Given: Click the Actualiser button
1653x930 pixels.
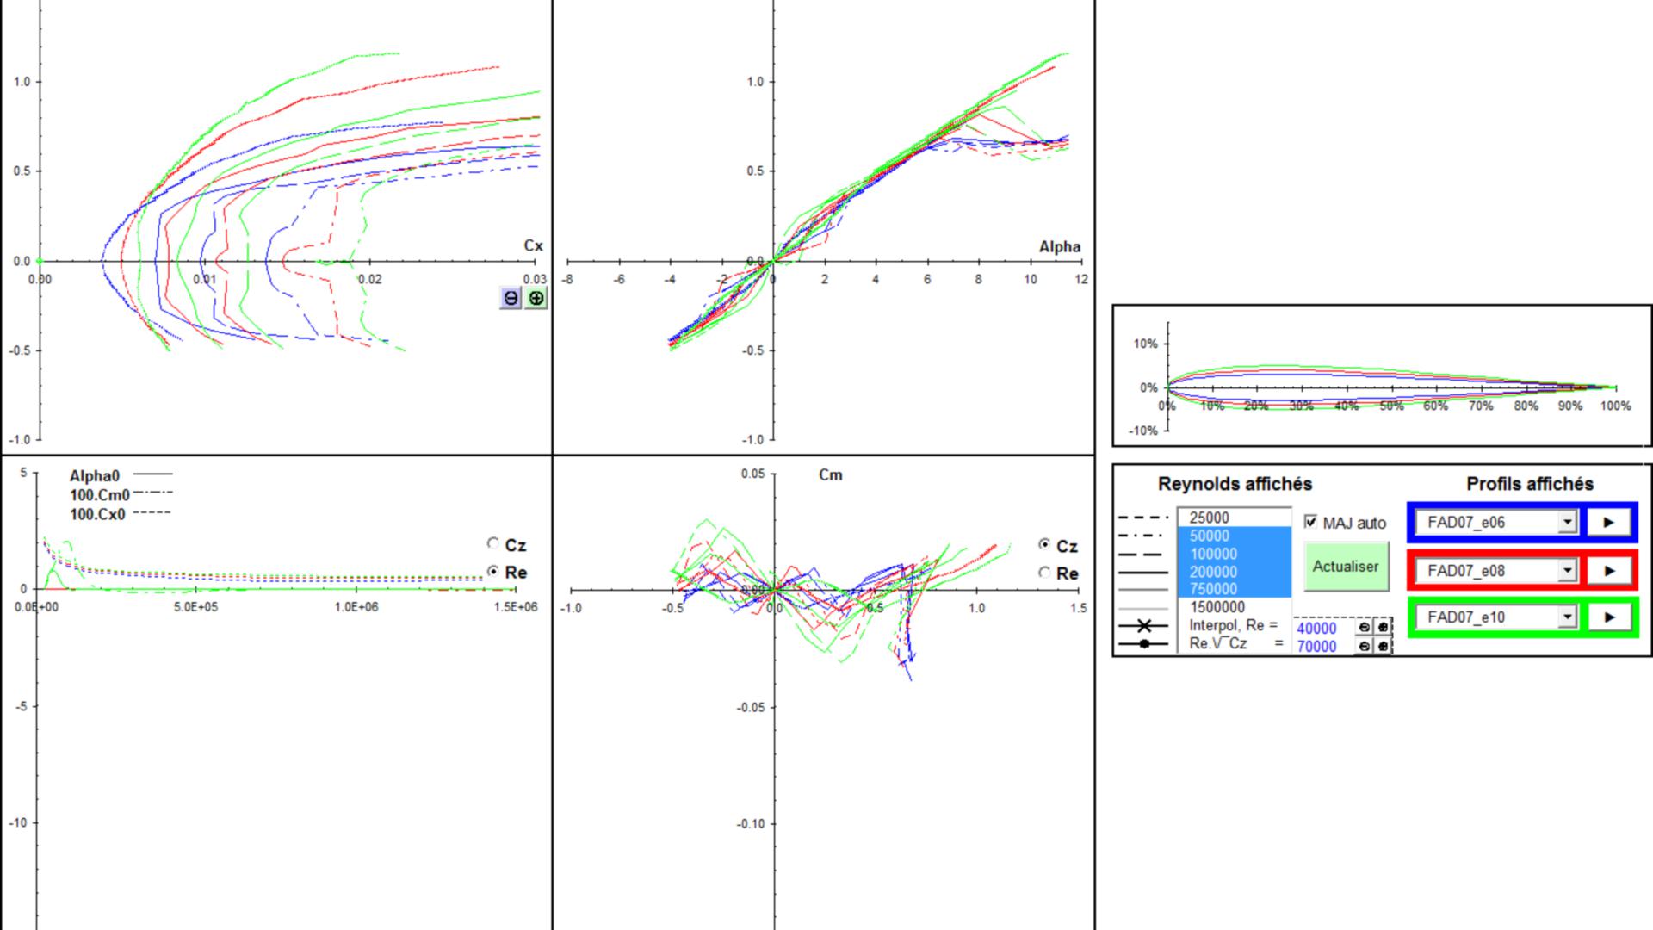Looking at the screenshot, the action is click(1346, 567).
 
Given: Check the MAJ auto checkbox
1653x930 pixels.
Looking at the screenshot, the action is click(1310, 522).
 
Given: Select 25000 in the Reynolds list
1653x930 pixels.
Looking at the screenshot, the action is click(1209, 518).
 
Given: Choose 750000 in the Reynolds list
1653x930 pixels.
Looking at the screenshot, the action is click(1213, 589).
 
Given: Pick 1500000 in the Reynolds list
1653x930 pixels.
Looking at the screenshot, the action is click(1217, 607).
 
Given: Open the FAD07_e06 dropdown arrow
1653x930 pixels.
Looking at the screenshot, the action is click(1567, 522).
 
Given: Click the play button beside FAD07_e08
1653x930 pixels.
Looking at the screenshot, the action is click(1608, 570).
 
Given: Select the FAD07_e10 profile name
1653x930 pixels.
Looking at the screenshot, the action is click(1466, 617).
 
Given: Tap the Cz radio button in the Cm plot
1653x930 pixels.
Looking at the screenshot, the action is click(1044, 544).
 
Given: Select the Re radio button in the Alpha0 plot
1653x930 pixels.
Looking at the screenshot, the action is click(492, 570).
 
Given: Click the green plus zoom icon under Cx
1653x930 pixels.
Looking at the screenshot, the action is click(536, 298).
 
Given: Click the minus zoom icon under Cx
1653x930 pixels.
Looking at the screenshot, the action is click(511, 298).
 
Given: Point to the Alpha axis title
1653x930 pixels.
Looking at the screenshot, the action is click(1059, 246).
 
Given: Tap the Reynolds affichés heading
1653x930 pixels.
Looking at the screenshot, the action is click(1235, 484).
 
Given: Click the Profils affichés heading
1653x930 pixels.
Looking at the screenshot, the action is click(1530, 484).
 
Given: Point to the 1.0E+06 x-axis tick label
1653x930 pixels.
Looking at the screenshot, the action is click(356, 607).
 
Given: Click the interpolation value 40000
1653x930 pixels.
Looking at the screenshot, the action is click(1316, 629).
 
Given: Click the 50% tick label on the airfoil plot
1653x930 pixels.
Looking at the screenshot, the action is click(1391, 406).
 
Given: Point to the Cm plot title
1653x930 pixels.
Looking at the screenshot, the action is click(830, 474).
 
